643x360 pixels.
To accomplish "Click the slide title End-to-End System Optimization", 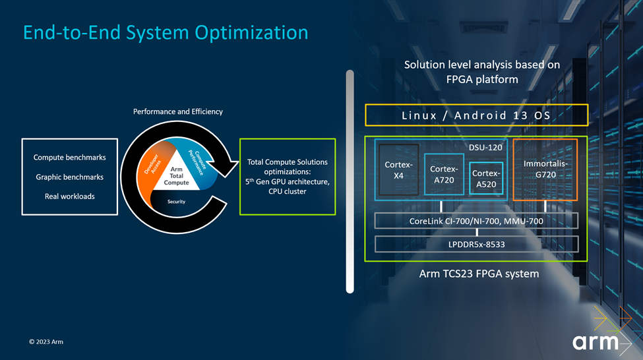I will (x=166, y=33).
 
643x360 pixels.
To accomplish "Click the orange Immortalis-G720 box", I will (x=545, y=169).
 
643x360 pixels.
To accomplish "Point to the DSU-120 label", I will (x=485, y=147).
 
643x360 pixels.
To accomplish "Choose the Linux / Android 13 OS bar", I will (x=476, y=115).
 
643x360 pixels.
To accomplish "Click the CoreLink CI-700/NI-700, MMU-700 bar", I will (x=476, y=221).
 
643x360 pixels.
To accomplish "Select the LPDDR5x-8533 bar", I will (x=476, y=244).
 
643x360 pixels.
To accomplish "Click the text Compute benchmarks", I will (x=69, y=158).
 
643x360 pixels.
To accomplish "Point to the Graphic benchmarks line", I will (x=69, y=177).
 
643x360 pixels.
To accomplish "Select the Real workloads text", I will (x=69, y=196).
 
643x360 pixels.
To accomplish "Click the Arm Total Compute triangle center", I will (x=176, y=176).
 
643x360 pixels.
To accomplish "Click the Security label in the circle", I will (x=176, y=202).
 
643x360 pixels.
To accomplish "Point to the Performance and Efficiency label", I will (x=178, y=111).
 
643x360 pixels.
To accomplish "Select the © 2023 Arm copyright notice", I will (x=46, y=342).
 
